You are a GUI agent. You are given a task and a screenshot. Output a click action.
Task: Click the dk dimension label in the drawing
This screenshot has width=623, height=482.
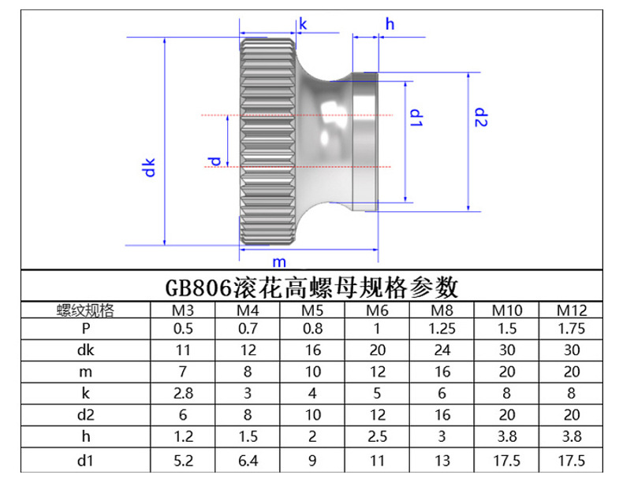pos(150,167)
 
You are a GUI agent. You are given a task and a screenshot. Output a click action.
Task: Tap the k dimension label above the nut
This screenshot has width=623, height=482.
pos(303,24)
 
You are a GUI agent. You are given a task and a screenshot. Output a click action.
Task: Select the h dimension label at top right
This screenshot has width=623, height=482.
pos(390,24)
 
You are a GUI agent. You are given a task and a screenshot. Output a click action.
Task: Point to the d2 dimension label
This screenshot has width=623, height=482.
pos(482,117)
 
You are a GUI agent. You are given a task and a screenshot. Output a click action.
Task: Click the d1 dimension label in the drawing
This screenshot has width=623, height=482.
pos(417,119)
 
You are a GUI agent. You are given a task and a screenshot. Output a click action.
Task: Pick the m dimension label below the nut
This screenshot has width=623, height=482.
pos(279,261)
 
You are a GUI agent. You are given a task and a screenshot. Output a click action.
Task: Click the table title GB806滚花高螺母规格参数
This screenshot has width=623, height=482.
pos(311,286)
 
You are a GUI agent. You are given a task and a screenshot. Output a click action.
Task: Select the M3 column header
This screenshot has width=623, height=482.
pos(183,310)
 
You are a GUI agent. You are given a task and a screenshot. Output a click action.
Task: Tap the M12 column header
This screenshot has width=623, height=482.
pos(571,310)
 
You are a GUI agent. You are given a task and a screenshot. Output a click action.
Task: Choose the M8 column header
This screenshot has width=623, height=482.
pos(442,310)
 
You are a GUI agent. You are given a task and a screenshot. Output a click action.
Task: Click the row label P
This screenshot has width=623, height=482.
pos(85,329)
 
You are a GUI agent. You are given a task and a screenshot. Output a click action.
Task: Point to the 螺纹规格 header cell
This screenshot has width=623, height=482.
pos(85,310)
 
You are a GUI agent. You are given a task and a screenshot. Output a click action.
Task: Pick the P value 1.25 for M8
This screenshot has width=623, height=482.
pos(442,329)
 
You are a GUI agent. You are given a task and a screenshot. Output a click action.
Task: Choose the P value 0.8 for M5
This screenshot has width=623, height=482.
pos(313,329)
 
